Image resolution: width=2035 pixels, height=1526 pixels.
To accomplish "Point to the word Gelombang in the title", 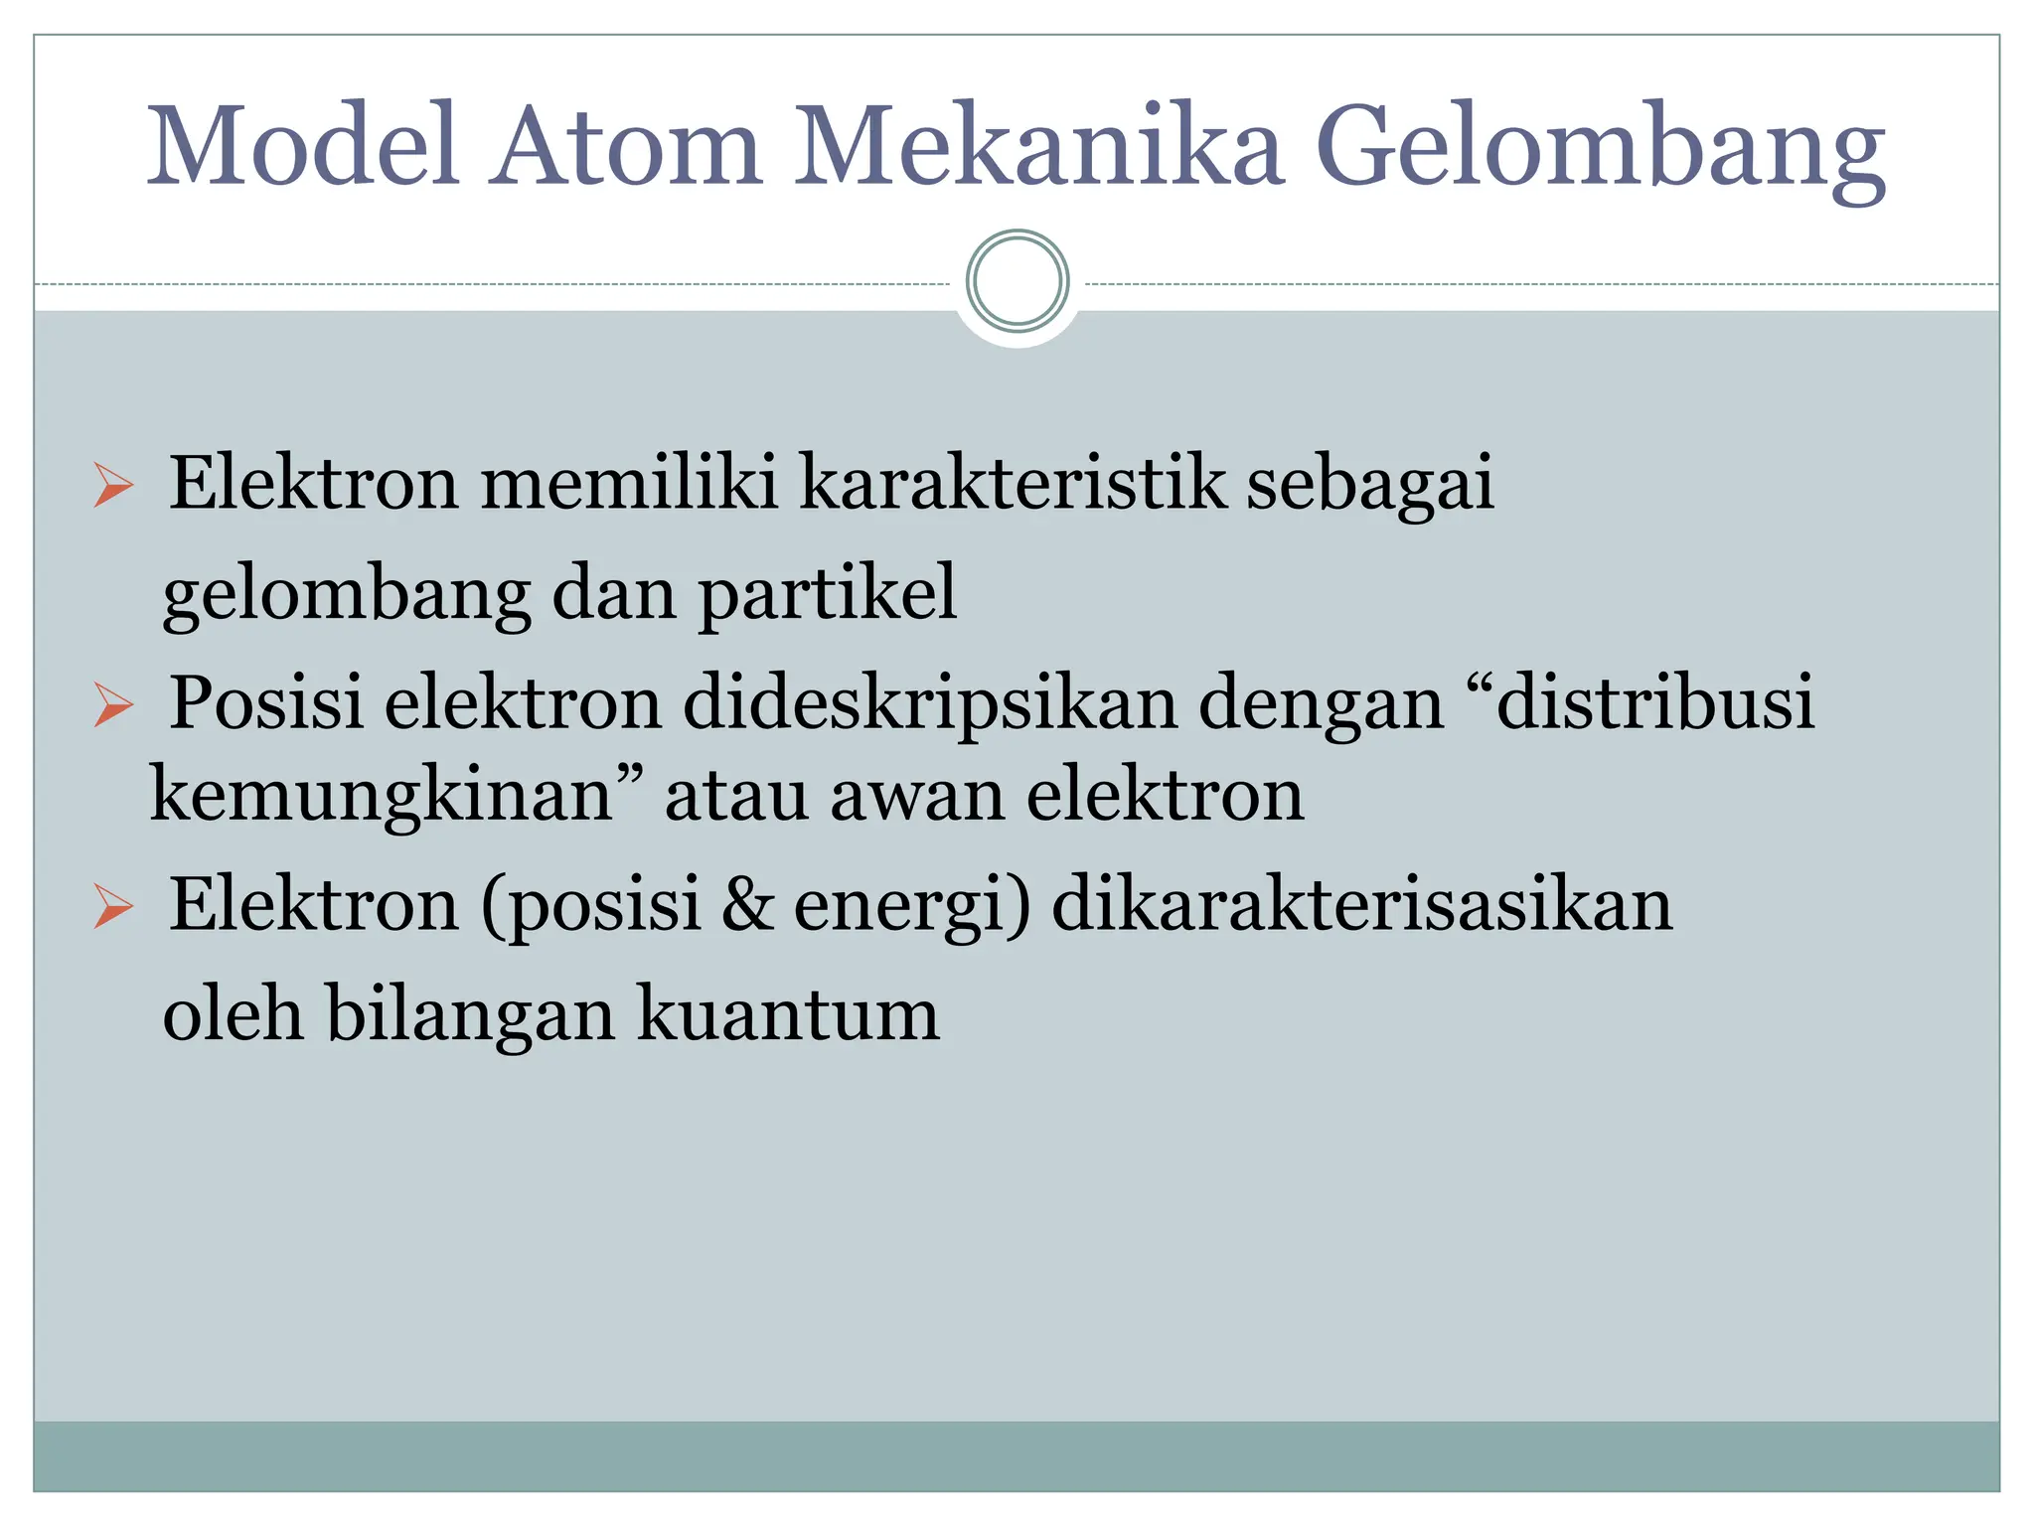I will pyautogui.click(x=1600, y=149).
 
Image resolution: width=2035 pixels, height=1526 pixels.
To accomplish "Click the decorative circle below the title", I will pyautogui.click(x=1017, y=281).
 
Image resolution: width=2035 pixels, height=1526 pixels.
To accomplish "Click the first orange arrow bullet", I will pyautogui.click(x=113, y=485).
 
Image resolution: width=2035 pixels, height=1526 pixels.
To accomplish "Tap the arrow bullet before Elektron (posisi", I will pyautogui.click(x=113, y=907).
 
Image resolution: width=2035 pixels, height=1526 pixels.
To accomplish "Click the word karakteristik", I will pyautogui.click(x=1013, y=483).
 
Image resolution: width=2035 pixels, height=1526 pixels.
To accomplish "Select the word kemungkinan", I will pyautogui.click(x=383, y=798).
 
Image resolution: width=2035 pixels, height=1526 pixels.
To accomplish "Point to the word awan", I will pyautogui.click(x=918, y=796).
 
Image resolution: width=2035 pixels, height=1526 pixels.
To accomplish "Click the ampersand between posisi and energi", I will pyautogui.click(x=747, y=905).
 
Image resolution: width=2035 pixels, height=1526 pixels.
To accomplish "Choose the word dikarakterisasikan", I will pyautogui.click(x=1361, y=905).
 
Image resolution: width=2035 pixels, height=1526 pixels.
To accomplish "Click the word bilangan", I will pyautogui.click(x=471, y=1015).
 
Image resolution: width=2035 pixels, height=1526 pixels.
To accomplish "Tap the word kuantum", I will pyautogui.click(x=788, y=1015).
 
